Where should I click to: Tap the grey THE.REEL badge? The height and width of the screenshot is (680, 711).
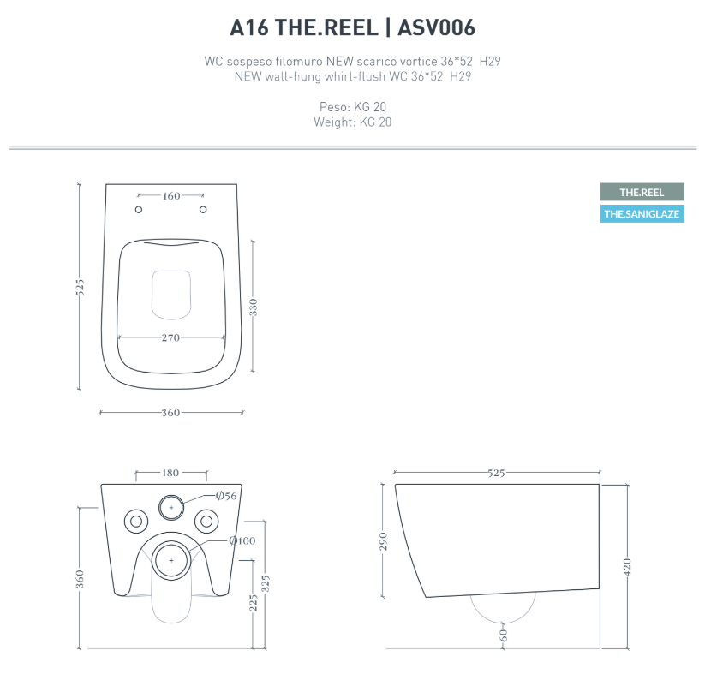pyautogui.click(x=642, y=192)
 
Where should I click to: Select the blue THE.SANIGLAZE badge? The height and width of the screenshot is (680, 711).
pyautogui.click(x=642, y=214)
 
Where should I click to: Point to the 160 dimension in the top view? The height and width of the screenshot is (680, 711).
pyautogui.click(x=171, y=196)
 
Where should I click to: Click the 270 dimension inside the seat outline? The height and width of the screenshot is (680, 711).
pyautogui.click(x=170, y=337)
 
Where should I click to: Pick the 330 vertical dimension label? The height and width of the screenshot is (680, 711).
pyautogui.click(x=253, y=307)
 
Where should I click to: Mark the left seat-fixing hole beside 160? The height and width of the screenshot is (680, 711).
pyautogui.click(x=140, y=210)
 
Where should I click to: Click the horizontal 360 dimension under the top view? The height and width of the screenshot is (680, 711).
pyautogui.click(x=170, y=413)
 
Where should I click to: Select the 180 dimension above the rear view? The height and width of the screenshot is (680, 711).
pyautogui.click(x=171, y=473)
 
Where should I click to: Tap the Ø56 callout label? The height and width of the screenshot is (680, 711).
pyautogui.click(x=225, y=496)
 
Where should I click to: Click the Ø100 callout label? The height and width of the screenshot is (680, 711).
pyautogui.click(x=242, y=540)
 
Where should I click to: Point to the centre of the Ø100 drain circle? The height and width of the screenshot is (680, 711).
pyautogui.click(x=171, y=559)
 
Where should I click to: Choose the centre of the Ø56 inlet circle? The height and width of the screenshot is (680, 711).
pyautogui.click(x=171, y=507)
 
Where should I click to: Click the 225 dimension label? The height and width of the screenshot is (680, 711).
pyautogui.click(x=253, y=603)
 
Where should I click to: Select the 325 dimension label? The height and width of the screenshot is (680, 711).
pyautogui.click(x=266, y=584)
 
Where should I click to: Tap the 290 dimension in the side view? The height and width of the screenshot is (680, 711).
pyautogui.click(x=384, y=541)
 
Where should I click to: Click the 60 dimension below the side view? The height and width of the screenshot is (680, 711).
pyautogui.click(x=503, y=634)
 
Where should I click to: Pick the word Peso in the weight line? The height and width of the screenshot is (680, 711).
pyautogui.click(x=332, y=107)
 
